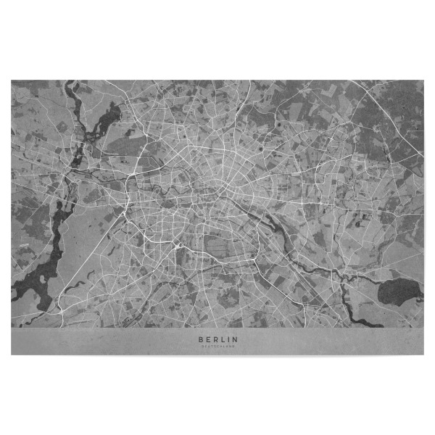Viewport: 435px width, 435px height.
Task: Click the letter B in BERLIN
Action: tap(199, 339)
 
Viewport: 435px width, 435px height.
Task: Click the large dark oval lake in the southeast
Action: tap(399, 291)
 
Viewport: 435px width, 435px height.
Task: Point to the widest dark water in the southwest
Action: tap(36, 279)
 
